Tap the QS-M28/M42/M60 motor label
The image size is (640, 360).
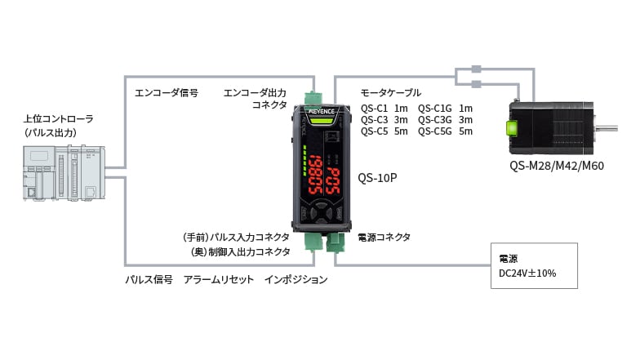pyautogui.click(x=556, y=166)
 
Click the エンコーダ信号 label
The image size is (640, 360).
pyautogui.click(x=166, y=92)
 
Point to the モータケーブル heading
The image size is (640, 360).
pyautogui.click(x=391, y=92)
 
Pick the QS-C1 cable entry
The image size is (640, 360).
pyautogui.click(x=384, y=108)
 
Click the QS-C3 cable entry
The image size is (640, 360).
pyautogui.click(x=384, y=119)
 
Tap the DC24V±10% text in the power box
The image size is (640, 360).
pyautogui.click(x=527, y=273)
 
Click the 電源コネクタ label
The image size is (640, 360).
pyautogui.click(x=384, y=237)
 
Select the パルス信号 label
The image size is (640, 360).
pyautogui.click(x=149, y=279)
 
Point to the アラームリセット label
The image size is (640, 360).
pyautogui.click(x=216, y=279)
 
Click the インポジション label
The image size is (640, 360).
pyautogui.click(x=296, y=279)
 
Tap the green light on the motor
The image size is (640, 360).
pyautogui.click(x=513, y=128)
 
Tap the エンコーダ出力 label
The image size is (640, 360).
pyautogui.click(x=255, y=92)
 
